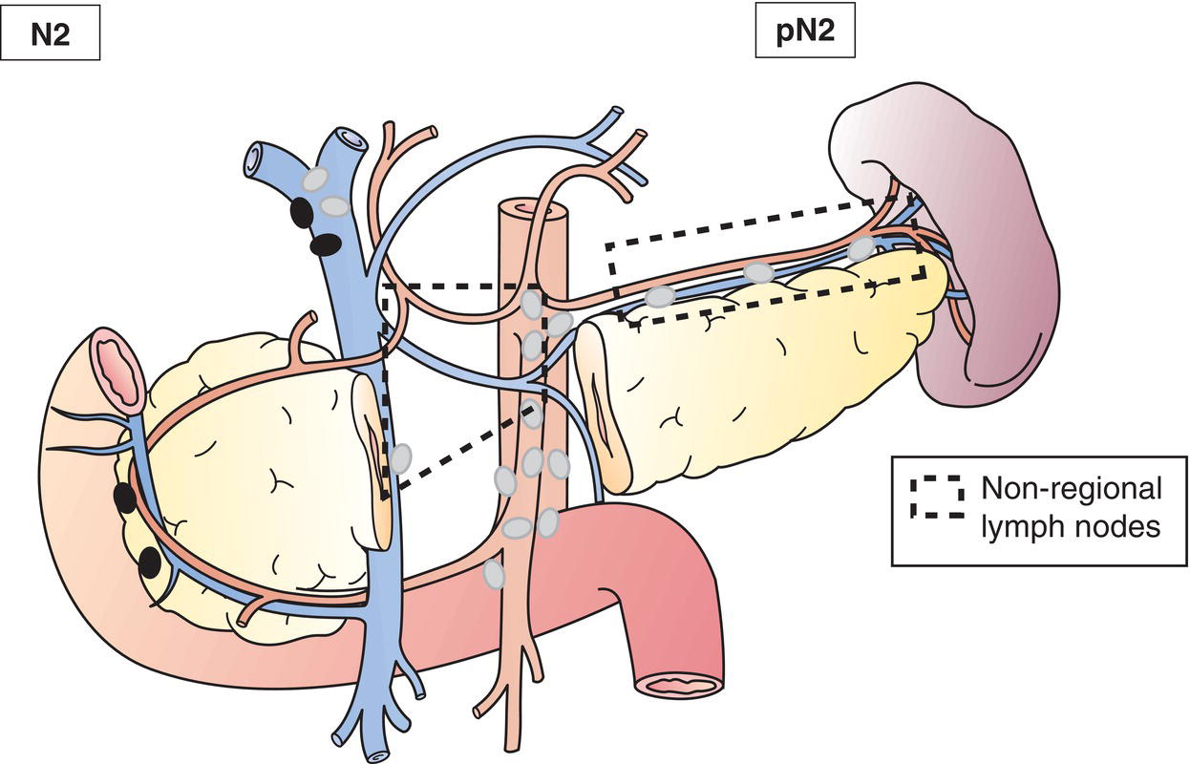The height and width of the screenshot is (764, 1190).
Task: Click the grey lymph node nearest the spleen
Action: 861,248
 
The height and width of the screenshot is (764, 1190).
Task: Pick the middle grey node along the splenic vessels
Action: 759,273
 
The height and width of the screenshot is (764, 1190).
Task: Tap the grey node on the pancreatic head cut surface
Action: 402,457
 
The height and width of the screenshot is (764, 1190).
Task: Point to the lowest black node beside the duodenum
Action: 149,563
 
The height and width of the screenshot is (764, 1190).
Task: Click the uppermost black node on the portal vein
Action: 301,210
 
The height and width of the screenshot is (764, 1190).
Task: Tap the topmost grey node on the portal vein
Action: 315,179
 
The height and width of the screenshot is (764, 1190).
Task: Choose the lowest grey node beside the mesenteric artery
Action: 493,574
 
